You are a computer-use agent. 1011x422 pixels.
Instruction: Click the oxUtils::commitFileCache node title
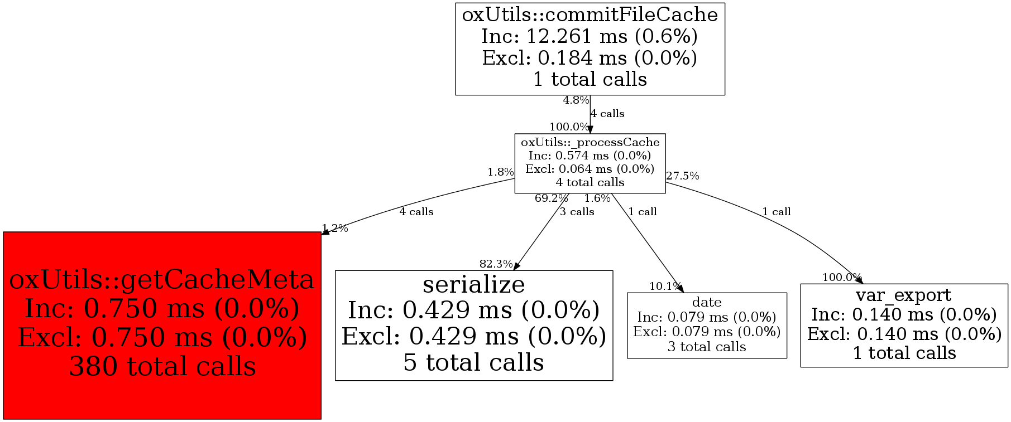point(590,14)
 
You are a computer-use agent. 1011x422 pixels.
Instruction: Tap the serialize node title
point(473,284)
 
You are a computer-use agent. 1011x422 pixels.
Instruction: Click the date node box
point(707,325)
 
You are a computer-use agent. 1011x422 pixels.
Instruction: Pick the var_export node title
point(903,295)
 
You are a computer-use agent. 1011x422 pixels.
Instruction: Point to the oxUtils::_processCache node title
point(590,142)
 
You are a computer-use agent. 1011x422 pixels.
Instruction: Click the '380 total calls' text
point(162,366)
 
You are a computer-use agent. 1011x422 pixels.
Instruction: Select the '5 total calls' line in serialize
point(473,362)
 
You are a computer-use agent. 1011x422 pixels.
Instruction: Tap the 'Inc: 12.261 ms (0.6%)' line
point(590,36)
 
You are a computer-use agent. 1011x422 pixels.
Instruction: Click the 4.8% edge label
point(576,100)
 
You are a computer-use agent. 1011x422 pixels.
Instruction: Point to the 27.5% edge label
point(682,176)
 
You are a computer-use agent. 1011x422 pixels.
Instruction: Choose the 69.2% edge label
point(551,198)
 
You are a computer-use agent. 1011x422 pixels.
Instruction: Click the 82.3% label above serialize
point(496,264)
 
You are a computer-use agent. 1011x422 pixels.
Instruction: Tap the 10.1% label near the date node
point(665,287)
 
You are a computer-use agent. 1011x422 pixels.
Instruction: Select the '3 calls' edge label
point(577,212)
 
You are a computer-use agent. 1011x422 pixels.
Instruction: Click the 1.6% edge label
point(597,198)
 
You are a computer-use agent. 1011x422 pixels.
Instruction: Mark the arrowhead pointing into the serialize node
point(516,266)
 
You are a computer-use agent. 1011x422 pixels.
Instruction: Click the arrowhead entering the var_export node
point(859,280)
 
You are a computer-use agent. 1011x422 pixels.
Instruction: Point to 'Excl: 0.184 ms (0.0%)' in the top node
point(590,58)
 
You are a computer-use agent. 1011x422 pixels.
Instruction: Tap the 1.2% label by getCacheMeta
point(335,228)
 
